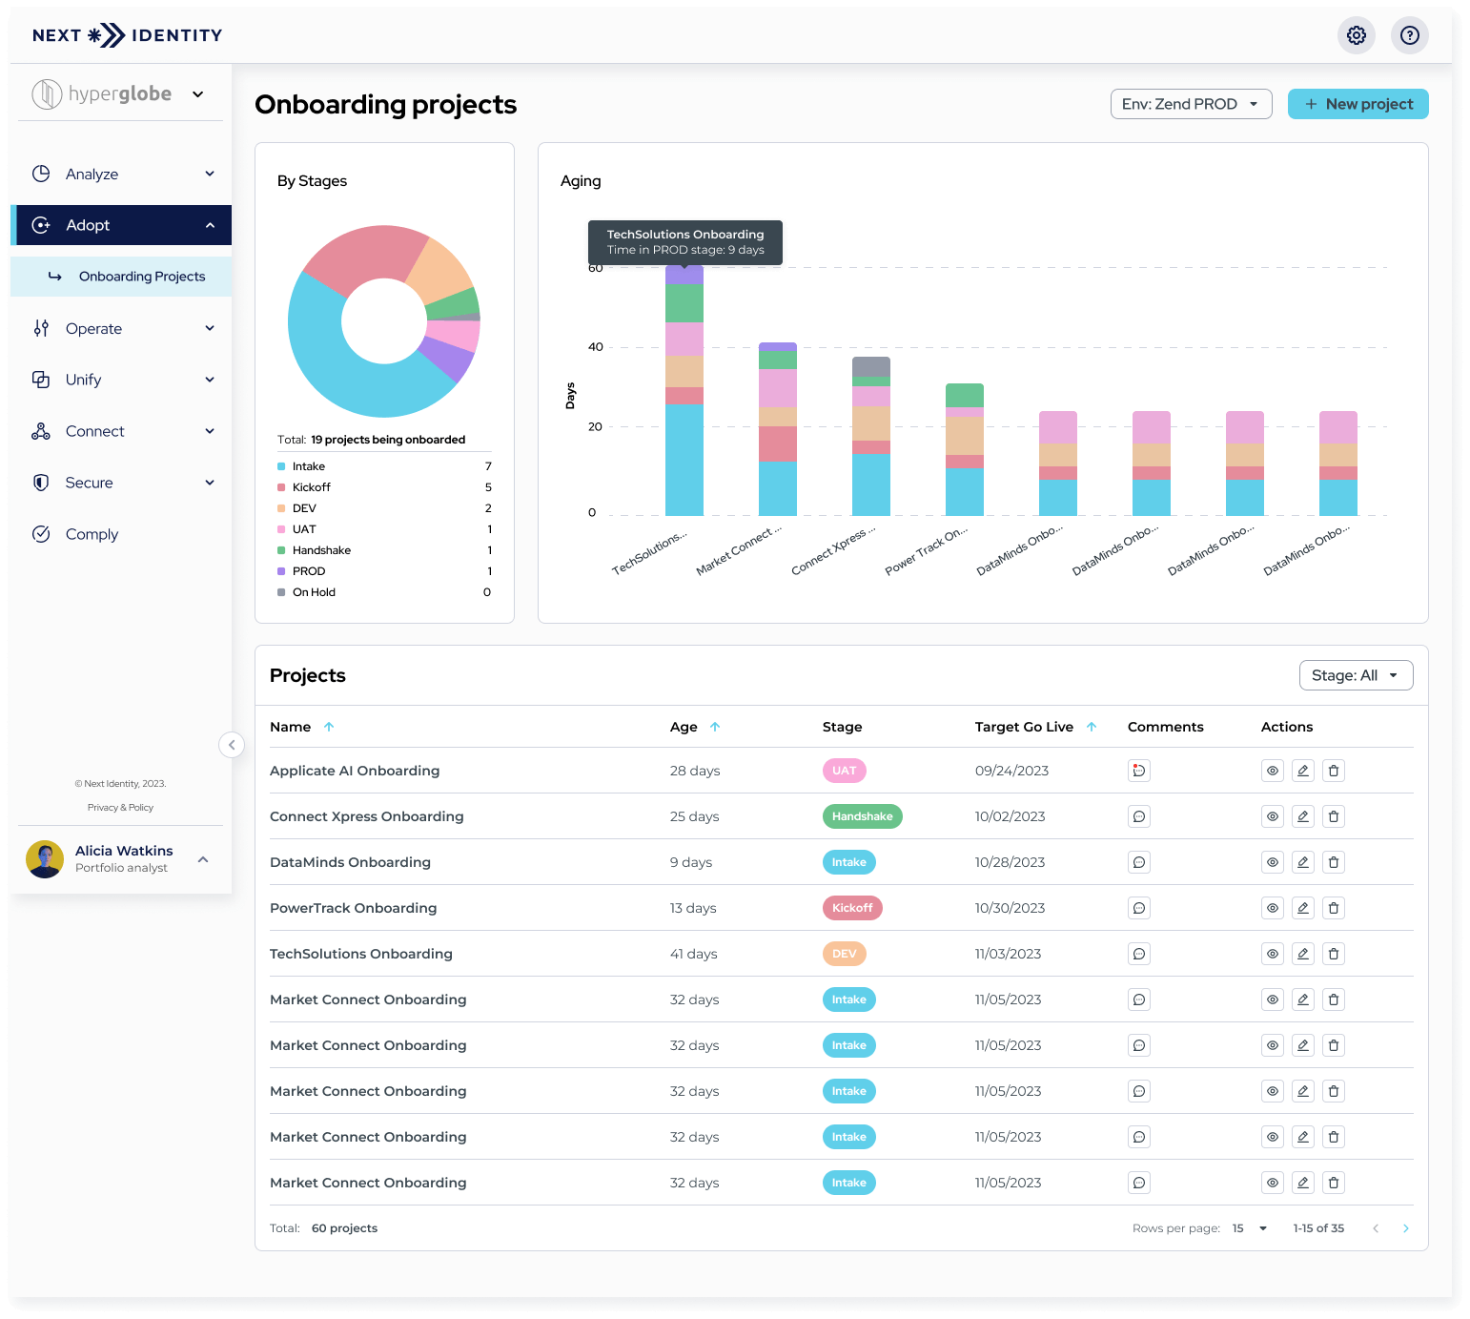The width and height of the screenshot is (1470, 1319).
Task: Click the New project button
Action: point(1358,104)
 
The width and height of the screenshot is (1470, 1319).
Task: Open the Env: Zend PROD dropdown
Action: point(1191,104)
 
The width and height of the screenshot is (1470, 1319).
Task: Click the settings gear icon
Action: point(1356,35)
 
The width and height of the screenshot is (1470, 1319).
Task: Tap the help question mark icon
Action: point(1409,35)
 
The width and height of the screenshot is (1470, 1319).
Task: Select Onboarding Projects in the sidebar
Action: point(142,277)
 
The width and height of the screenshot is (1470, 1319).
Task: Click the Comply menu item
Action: point(92,534)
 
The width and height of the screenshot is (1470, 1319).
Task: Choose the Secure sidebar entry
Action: point(90,483)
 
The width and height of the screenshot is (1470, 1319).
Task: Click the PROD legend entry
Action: point(309,571)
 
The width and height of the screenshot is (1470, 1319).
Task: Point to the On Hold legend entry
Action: point(314,592)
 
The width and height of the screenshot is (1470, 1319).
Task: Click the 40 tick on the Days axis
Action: point(596,347)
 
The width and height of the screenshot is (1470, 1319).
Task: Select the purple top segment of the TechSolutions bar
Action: point(684,275)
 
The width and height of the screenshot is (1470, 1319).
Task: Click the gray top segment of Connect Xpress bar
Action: point(870,366)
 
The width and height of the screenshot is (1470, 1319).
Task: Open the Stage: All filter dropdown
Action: point(1355,675)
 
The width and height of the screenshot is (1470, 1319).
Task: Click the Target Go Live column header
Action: point(1024,727)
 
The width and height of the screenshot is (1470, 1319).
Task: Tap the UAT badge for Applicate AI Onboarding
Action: point(844,771)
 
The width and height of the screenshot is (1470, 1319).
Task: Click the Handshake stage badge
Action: point(862,816)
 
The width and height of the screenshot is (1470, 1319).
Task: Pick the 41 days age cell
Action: point(693,954)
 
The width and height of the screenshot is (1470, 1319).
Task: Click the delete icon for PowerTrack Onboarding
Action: point(1334,908)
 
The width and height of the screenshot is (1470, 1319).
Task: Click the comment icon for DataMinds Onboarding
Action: point(1138,862)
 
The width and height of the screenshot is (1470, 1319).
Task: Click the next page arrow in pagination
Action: point(1405,1228)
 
